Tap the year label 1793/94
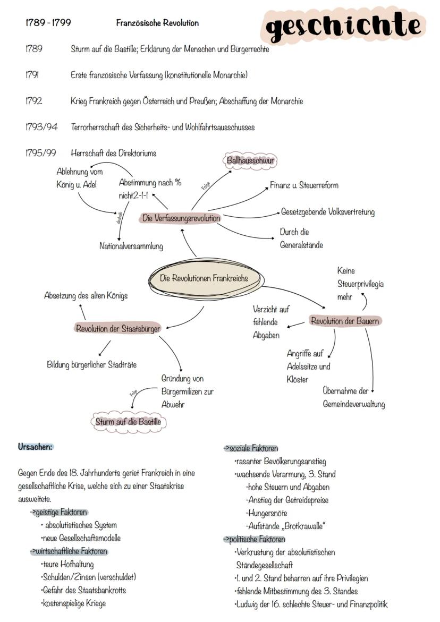click(x=41, y=127)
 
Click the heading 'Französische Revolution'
click(x=157, y=23)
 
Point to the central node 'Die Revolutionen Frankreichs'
click(x=204, y=278)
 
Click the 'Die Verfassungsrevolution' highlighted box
click(x=181, y=218)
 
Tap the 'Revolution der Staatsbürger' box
click(x=117, y=328)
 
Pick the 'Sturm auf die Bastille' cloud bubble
click(x=128, y=422)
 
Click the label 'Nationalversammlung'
click(x=131, y=246)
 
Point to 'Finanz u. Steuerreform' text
click(x=304, y=185)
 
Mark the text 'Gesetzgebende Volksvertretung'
click(x=328, y=212)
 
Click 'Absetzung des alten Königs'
click(x=86, y=295)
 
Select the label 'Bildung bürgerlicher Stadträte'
click(x=91, y=365)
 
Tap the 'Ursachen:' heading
click(x=36, y=447)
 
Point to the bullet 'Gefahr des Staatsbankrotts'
click(x=83, y=590)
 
